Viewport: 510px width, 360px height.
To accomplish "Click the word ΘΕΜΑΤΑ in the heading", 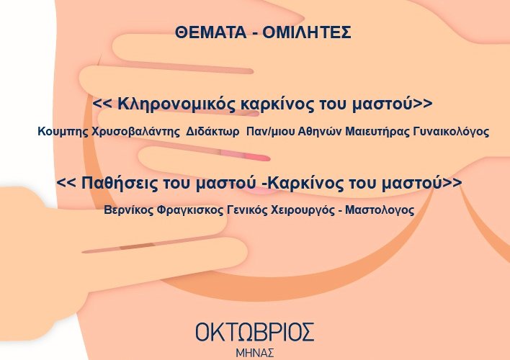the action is pyautogui.click(x=210, y=32).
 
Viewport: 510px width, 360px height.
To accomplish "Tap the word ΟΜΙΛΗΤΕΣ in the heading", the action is pyautogui.click(x=307, y=32).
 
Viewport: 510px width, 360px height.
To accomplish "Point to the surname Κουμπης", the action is pyautogui.click(x=63, y=132).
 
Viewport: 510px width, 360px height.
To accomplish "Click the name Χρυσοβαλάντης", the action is pyautogui.click(x=135, y=132).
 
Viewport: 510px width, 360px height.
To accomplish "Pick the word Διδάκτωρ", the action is pyautogui.click(x=212, y=132).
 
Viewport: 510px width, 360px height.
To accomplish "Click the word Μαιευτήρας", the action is pyautogui.click(x=377, y=132).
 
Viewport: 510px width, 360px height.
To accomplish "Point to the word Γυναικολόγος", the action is pyautogui.click(x=451, y=132).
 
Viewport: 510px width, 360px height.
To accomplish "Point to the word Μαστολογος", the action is pyautogui.click(x=380, y=210).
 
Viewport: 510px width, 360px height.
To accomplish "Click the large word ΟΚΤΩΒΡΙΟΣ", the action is pyautogui.click(x=255, y=332).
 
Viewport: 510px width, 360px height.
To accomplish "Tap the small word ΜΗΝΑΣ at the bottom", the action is pyautogui.click(x=255, y=354).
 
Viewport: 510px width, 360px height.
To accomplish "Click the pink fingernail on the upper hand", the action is pyautogui.click(x=258, y=158).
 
